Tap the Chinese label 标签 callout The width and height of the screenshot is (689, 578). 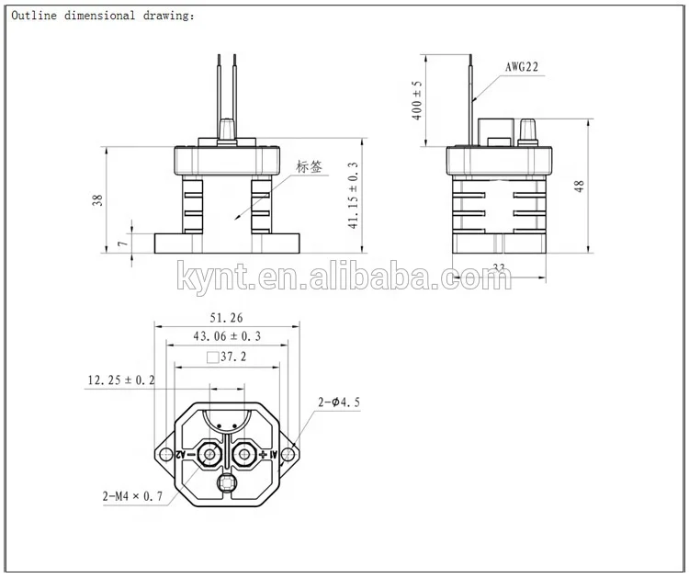pos(310,167)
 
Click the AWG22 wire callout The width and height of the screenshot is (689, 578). pos(523,67)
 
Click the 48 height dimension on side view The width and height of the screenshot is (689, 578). pos(579,186)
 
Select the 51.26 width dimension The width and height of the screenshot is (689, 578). pos(227,317)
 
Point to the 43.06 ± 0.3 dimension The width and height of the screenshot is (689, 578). pos(226,336)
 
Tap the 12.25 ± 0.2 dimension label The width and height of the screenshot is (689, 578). pos(120,379)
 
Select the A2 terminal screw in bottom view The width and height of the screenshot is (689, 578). pos(210,455)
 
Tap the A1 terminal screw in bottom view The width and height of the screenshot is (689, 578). pos(244,455)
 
